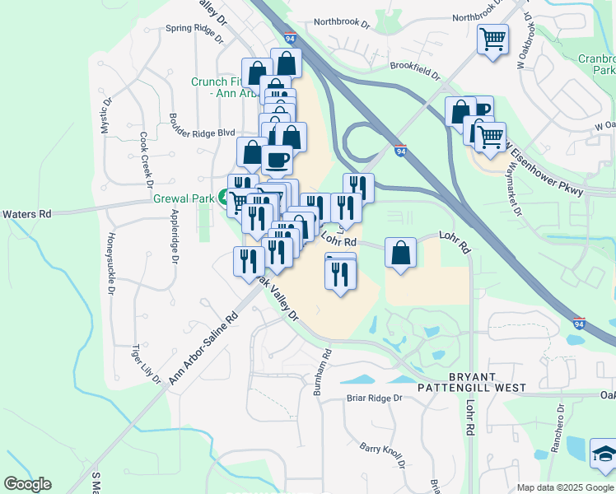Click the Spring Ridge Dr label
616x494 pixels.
point(194,31)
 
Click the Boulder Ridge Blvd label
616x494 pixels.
point(203,132)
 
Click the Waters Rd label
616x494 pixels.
point(27,214)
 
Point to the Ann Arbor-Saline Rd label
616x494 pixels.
point(203,347)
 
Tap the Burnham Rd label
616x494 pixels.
point(321,372)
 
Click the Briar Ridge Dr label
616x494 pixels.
point(373,398)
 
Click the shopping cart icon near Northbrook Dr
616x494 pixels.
point(492,39)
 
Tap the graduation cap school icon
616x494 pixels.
point(604,453)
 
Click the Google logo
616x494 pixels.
point(27,484)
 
